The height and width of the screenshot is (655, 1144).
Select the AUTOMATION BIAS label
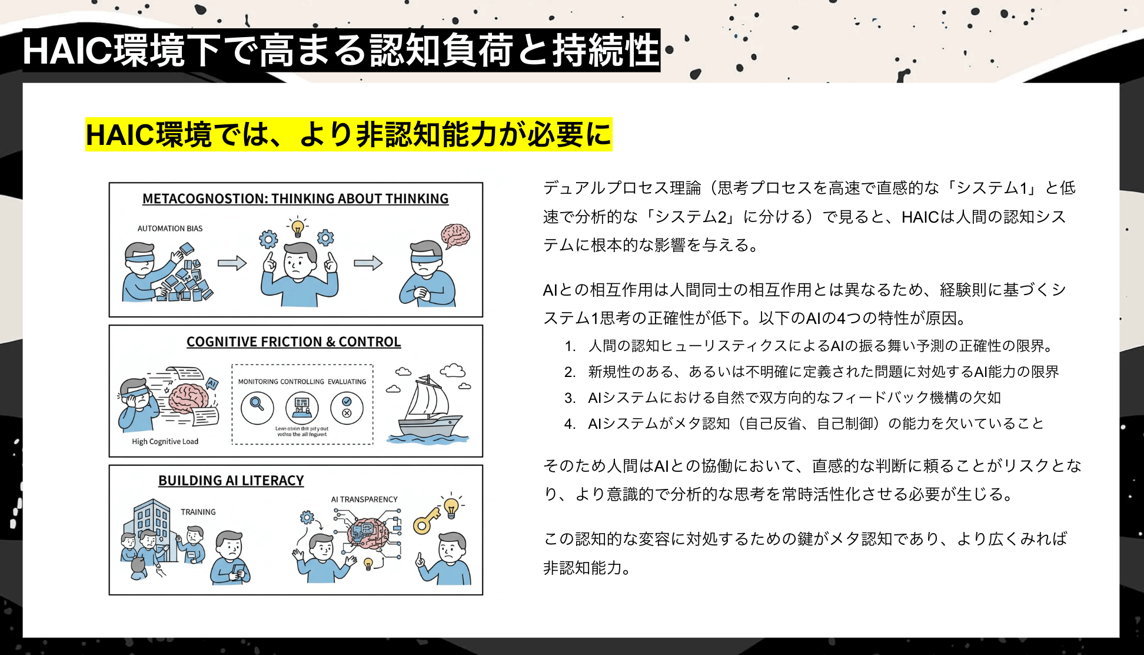[169, 229]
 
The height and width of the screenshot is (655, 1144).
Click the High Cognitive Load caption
[165, 441]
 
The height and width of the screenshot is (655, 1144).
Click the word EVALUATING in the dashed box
[347, 382]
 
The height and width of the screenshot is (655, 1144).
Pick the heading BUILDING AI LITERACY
[231, 481]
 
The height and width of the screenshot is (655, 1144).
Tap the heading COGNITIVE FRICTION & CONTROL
[294, 342]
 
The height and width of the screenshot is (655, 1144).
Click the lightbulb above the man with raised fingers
[298, 227]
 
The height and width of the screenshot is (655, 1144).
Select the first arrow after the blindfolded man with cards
[232, 263]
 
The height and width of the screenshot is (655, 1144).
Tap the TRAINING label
[198, 512]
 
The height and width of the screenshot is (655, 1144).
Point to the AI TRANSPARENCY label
[364, 499]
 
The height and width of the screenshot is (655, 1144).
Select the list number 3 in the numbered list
[569, 398]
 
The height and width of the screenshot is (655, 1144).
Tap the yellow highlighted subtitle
[348, 134]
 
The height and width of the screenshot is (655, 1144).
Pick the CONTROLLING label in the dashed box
[302, 382]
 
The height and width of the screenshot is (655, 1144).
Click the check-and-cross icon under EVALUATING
[347, 407]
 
